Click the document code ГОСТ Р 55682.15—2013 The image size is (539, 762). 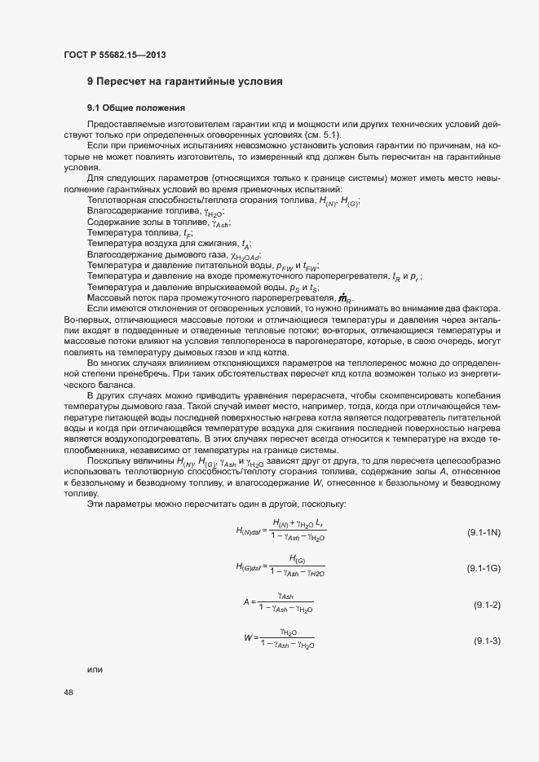(x=117, y=55)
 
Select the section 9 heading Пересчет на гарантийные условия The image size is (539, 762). (x=185, y=81)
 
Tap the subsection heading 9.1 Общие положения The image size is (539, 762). (x=137, y=108)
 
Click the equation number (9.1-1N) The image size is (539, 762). (x=484, y=532)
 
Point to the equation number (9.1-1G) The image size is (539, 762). (x=484, y=567)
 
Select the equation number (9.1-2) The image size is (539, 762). (x=487, y=605)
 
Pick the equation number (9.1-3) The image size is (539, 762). (x=487, y=641)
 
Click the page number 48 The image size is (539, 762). (x=68, y=693)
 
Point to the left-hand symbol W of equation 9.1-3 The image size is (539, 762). (x=247, y=637)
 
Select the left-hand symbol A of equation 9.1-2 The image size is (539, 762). (x=245, y=601)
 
